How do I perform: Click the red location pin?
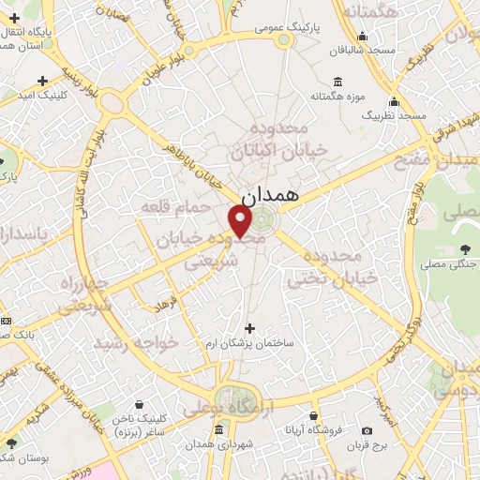click(x=241, y=221)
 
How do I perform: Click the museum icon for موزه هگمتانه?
click(x=337, y=82)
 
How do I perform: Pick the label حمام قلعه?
click(x=166, y=204)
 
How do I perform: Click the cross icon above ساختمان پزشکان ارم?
click(x=248, y=328)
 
